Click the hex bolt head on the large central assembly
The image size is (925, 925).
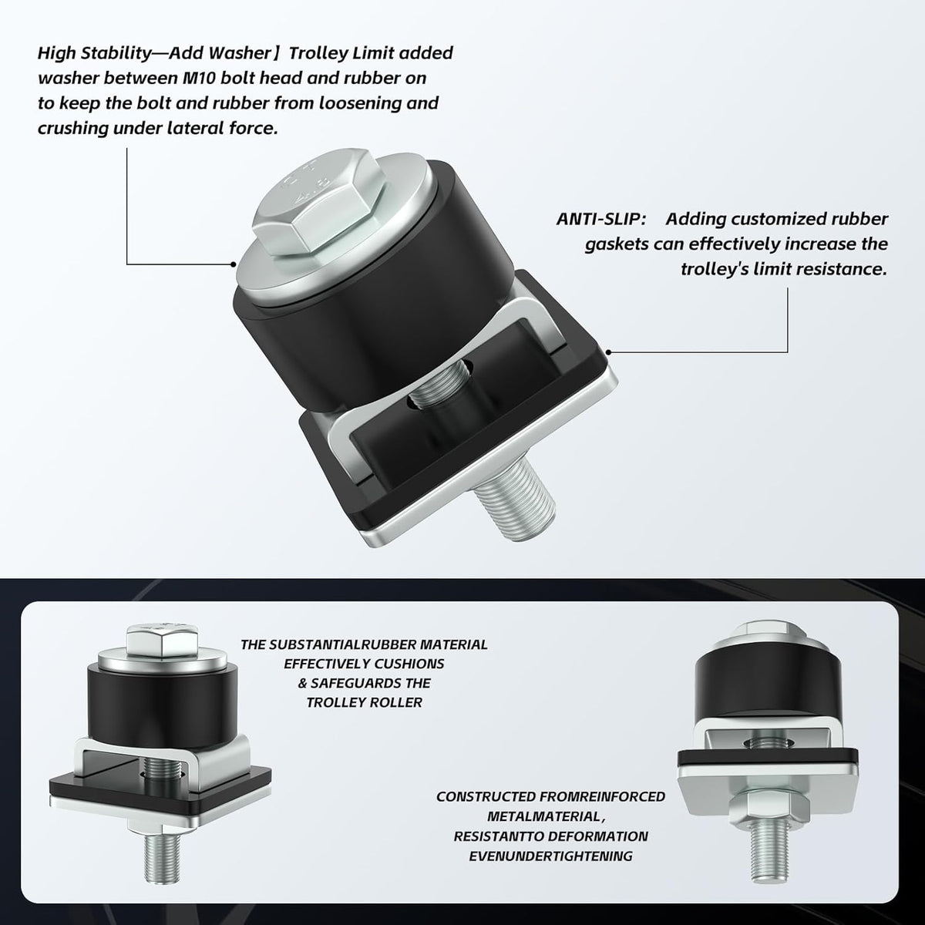(320, 203)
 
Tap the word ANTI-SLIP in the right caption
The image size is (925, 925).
(601, 219)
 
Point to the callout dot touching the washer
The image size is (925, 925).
(234, 264)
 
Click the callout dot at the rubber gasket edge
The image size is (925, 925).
(608, 352)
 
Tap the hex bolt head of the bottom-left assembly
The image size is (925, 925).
(162, 640)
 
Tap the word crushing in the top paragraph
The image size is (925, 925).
(72, 128)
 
